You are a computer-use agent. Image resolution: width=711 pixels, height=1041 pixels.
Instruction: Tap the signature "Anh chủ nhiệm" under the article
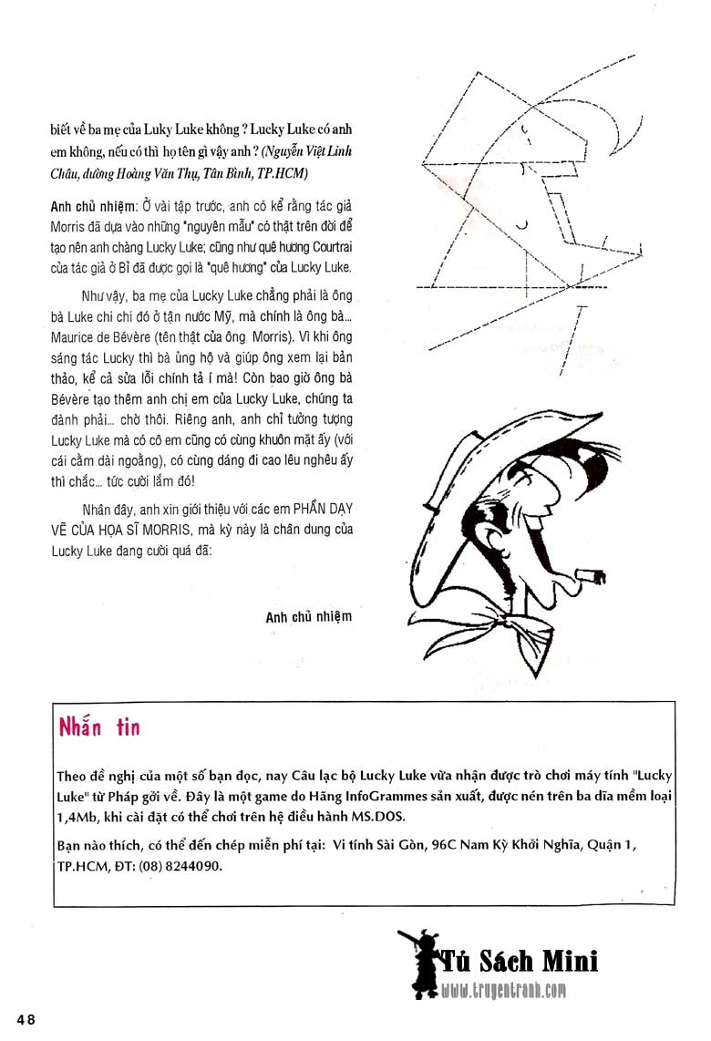pyautogui.click(x=308, y=617)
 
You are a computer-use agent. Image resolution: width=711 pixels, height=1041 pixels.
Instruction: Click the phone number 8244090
pyautogui.click(x=192, y=867)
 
